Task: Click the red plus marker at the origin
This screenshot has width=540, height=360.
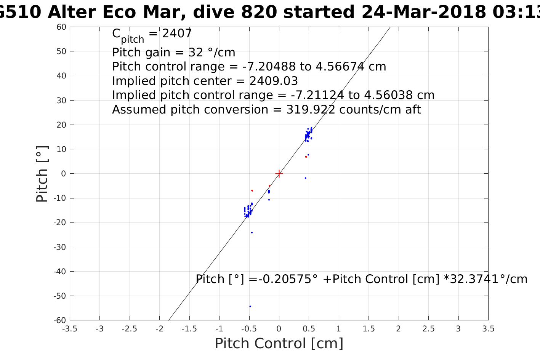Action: [279, 174]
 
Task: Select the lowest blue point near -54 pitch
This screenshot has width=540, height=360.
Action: [250, 306]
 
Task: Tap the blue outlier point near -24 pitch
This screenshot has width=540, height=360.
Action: [252, 232]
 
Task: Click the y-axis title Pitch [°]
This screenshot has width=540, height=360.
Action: [42, 174]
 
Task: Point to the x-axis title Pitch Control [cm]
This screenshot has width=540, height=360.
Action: [279, 344]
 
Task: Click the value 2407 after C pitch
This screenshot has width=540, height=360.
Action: [177, 34]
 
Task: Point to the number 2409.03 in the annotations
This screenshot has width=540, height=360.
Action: [274, 81]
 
